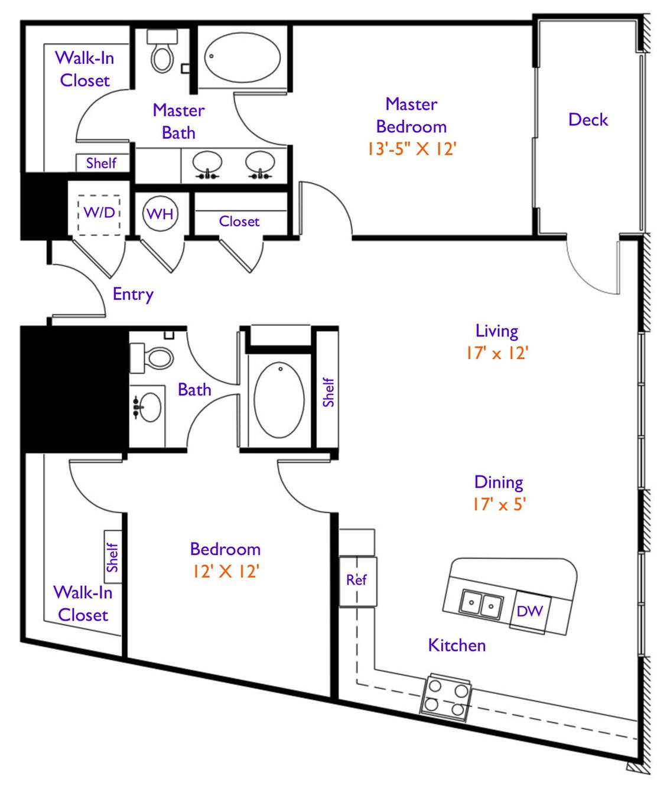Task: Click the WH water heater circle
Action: click(x=161, y=213)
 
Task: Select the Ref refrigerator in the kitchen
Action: click(x=358, y=581)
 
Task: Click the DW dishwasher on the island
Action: click(x=530, y=611)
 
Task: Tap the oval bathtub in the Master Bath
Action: click(x=242, y=57)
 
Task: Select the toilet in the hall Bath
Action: click(x=152, y=358)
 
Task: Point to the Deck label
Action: click(x=588, y=119)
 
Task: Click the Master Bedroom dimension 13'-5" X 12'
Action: click(x=412, y=148)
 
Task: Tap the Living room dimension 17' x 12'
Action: click(x=497, y=353)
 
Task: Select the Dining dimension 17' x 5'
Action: click(x=499, y=504)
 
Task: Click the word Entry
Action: click(x=133, y=294)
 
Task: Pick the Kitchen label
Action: click(x=457, y=645)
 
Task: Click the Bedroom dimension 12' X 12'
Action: click(x=225, y=572)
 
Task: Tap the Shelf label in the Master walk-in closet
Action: click(x=101, y=163)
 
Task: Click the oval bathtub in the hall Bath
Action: click(x=279, y=400)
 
